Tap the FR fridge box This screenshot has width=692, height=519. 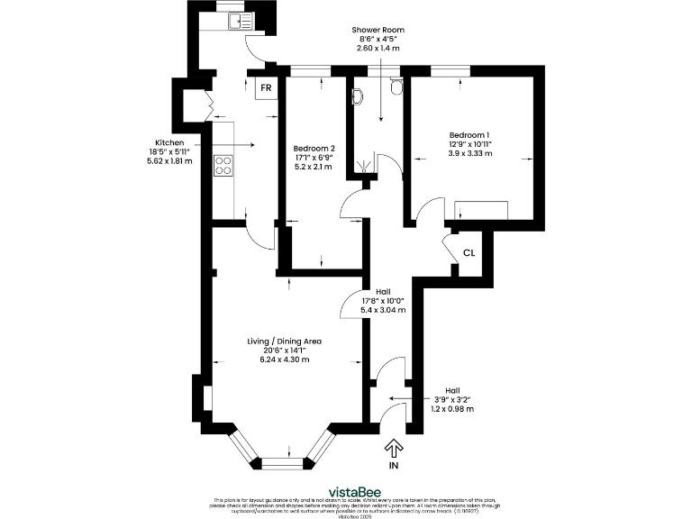coord(266,88)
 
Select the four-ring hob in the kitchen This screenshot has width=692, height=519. coord(223,165)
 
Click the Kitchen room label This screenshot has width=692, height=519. coord(169,142)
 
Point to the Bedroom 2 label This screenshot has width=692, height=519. coord(314,148)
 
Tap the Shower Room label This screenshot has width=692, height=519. coord(378,30)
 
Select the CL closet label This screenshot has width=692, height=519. coord(469,253)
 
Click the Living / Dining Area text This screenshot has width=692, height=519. coord(285,341)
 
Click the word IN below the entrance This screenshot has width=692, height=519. coord(393,467)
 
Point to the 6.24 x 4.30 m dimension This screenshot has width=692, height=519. coord(285,360)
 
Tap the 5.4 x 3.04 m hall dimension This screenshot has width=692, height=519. coord(383,310)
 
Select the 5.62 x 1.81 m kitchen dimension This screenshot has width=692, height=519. coord(169,162)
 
